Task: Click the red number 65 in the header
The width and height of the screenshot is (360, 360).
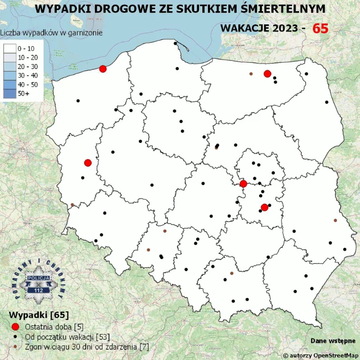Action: pyautogui.click(x=320, y=28)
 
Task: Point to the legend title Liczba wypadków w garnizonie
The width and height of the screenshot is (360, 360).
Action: pyautogui.click(x=52, y=32)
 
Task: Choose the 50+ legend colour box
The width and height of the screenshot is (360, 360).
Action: pyautogui.click(x=10, y=94)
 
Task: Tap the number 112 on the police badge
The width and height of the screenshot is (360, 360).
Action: pyautogui.click(x=39, y=291)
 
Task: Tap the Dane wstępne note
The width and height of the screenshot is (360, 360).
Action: pyautogui.click(x=333, y=341)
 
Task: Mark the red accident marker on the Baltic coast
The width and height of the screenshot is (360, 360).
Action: pyautogui.click(x=103, y=69)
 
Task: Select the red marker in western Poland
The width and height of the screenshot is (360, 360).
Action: pyautogui.click(x=88, y=163)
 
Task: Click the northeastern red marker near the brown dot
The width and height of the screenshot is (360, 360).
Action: pyautogui.click(x=267, y=74)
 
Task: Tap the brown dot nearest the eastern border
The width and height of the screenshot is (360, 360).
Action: pyautogui.click(x=335, y=221)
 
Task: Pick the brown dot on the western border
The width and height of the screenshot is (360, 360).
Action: pyautogui.click(x=72, y=205)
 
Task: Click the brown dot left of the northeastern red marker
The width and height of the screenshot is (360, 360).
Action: pyautogui.click(x=251, y=74)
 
